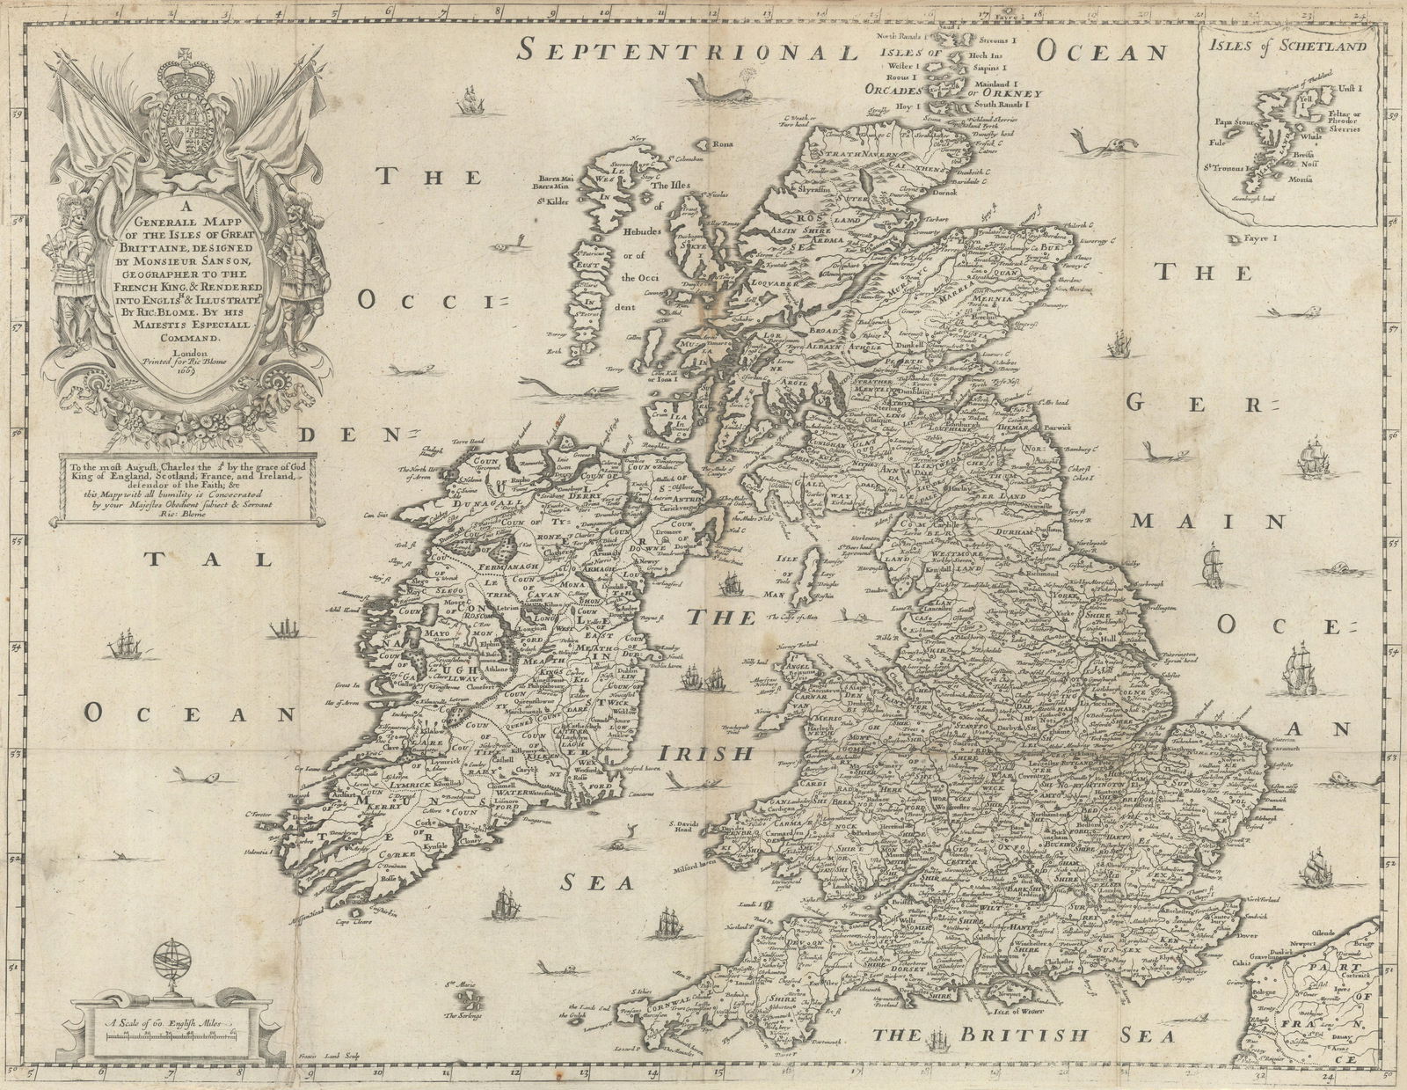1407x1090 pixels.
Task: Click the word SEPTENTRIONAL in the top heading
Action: point(687,50)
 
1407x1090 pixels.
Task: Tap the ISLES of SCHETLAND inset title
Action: point(1285,46)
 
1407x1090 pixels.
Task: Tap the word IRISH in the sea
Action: point(705,754)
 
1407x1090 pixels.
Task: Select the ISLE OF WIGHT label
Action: point(1043,994)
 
